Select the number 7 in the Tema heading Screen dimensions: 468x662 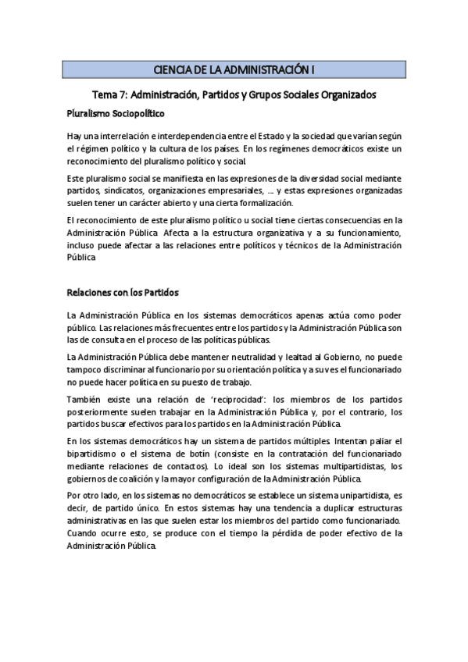[123, 94]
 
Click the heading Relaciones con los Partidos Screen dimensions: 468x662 [123, 293]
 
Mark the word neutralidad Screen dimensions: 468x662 [266, 358]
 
